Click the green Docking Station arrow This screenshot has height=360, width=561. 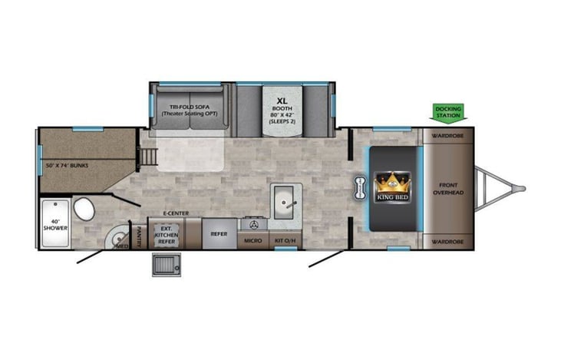[448, 114]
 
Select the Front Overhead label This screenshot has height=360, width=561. [448, 189]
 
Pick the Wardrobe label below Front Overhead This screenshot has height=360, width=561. [447, 242]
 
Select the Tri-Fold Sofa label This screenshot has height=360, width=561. [188, 110]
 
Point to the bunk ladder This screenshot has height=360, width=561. [148, 157]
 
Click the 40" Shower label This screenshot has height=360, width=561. [54, 224]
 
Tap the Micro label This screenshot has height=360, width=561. [252, 241]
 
